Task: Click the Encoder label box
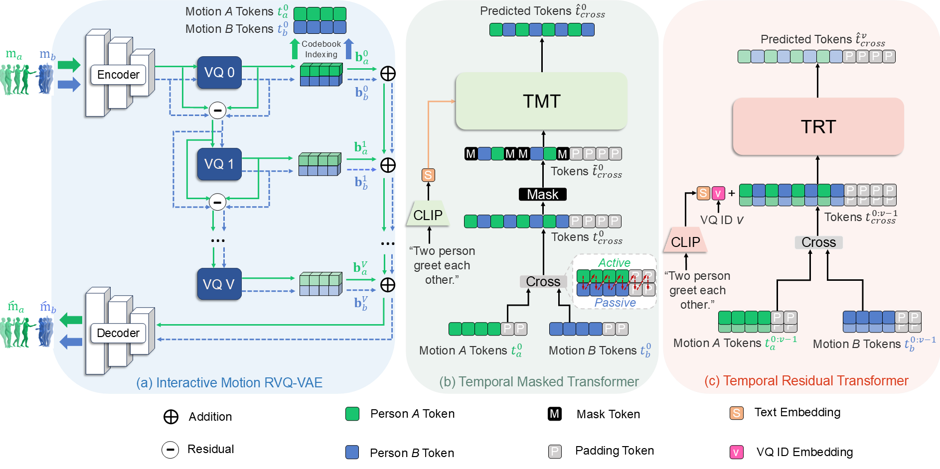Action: point(118,75)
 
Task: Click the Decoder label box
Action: point(118,333)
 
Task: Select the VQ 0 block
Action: point(219,73)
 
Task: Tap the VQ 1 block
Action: point(219,164)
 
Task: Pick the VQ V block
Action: point(219,284)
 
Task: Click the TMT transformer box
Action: point(542,101)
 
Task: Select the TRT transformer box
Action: point(818,126)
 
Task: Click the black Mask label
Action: point(543,194)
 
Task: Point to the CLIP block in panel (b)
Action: point(428,215)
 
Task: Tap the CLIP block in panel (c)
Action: point(685,242)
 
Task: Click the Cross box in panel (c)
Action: point(818,242)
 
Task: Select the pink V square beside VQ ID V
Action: point(718,193)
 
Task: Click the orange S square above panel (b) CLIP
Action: point(428,175)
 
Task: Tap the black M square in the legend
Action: point(555,414)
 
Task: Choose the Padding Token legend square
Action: point(555,451)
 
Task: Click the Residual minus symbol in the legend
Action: point(170,450)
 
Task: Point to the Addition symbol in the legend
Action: point(171,417)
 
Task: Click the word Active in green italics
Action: point(614,262)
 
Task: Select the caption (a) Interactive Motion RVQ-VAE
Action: point(229,382)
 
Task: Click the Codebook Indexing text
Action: point(321,49)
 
